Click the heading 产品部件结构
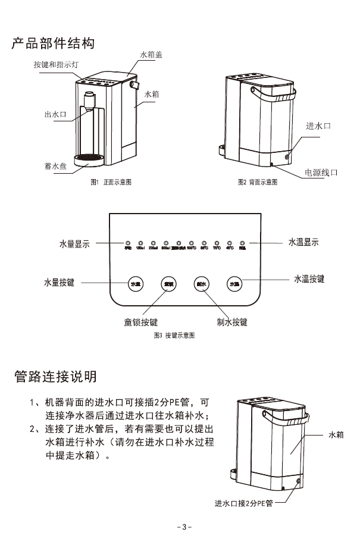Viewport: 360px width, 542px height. tap(53, 44)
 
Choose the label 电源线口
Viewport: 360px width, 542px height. tap(321, 172)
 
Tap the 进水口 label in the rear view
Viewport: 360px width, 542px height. tap(318, 126)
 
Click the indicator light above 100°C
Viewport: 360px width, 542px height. tap(192, 243)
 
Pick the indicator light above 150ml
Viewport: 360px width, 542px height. tap(140, 243)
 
